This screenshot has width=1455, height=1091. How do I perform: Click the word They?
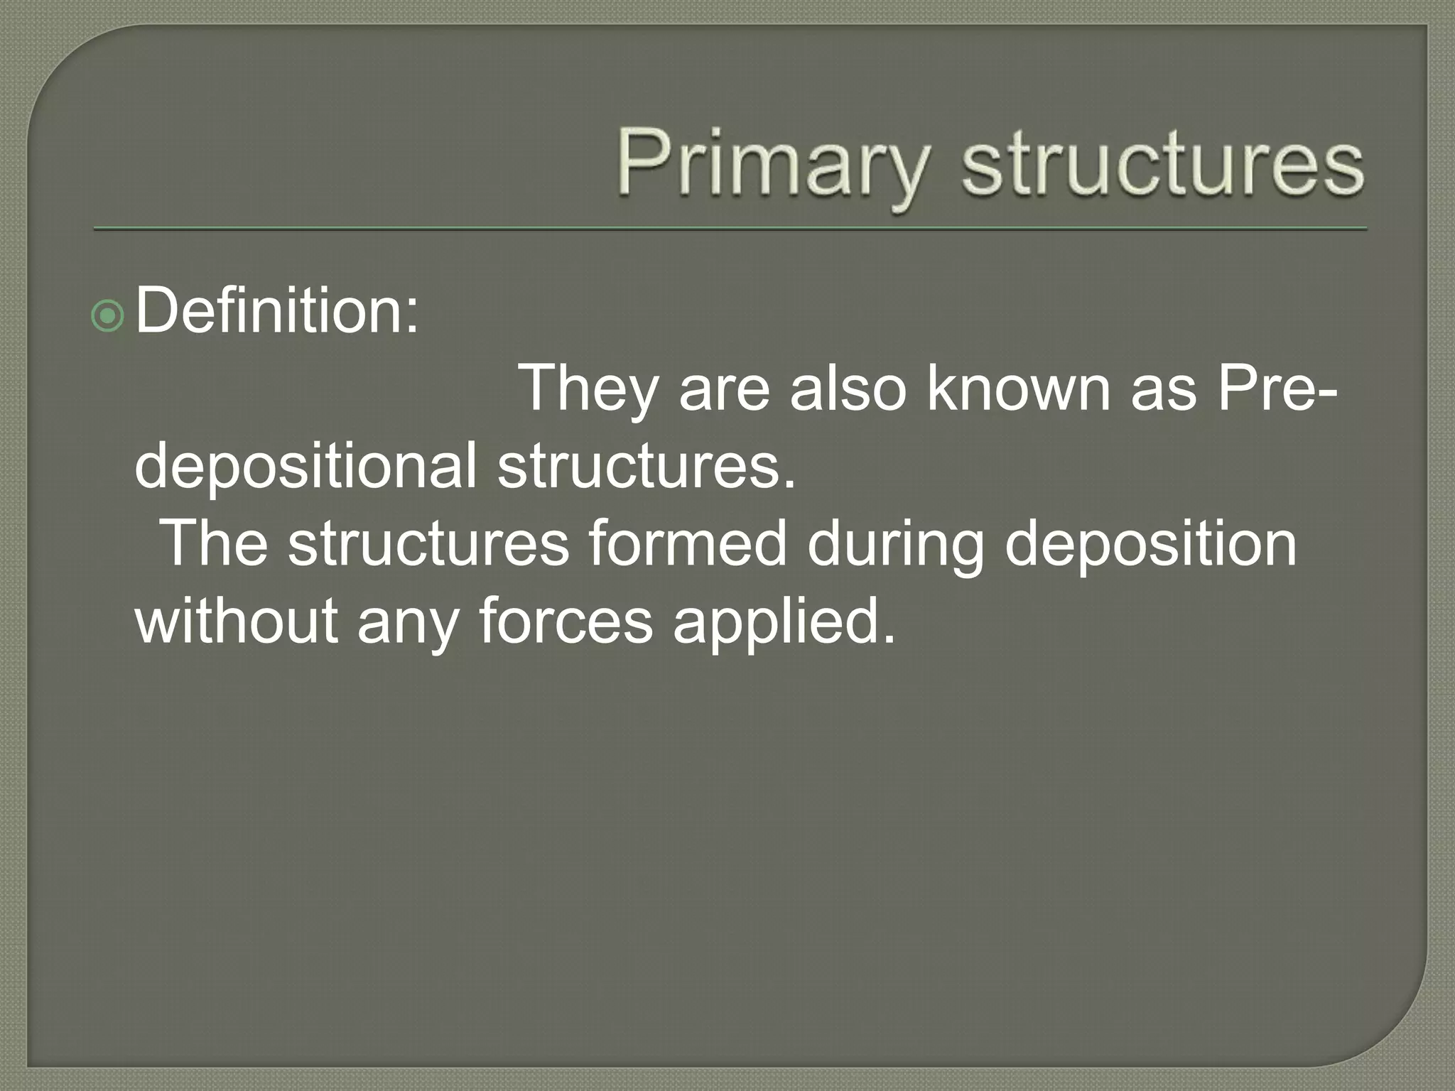pos(587,389)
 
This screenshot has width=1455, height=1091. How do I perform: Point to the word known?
pos(1018,389)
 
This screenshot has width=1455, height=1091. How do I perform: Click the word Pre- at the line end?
pos(1277,389)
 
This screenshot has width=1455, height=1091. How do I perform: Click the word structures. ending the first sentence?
pos(646,467)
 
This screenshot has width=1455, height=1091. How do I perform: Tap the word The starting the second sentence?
pos(215,544)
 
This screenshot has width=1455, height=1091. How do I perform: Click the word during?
pos(895,544)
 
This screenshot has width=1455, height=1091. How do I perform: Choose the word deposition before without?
pos(1151,544)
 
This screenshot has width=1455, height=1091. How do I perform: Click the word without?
pos(236,622)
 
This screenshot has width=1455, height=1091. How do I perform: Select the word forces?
pos(566,622)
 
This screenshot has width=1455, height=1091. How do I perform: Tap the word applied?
pos(784,622)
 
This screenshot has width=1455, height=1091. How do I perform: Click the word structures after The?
pos(428,544)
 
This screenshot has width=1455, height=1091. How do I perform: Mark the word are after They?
pos(724,389)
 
